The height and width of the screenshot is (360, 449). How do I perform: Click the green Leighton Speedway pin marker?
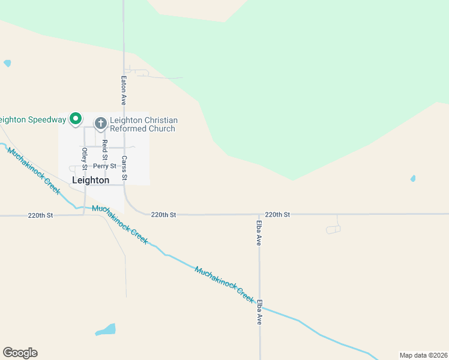tap(75, 119)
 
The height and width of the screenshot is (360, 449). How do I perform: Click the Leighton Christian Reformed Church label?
tap(143, 124)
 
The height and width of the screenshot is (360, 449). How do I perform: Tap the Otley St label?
tap(85, 157)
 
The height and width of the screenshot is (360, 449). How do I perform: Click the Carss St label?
tap(124, 168)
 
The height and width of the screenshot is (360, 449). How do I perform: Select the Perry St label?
tap(104, 166)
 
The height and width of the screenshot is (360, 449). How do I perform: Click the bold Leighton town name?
tap(91, 180)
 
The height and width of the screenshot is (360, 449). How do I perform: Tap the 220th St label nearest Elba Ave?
tap(277, 214)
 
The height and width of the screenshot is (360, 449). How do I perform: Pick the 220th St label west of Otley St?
tap(41, 215)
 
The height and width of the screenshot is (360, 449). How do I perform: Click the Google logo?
tap(20, 353)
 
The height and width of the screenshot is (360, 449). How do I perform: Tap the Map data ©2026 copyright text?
tap(423, 355)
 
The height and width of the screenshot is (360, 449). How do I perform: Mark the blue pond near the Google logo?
tap(106, 329)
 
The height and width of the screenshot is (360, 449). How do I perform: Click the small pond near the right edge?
tap(412, 178)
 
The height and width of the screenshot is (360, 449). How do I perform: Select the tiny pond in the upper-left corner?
tap(7, 63)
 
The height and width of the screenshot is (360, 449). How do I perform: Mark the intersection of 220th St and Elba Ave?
tap(259, 214)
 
